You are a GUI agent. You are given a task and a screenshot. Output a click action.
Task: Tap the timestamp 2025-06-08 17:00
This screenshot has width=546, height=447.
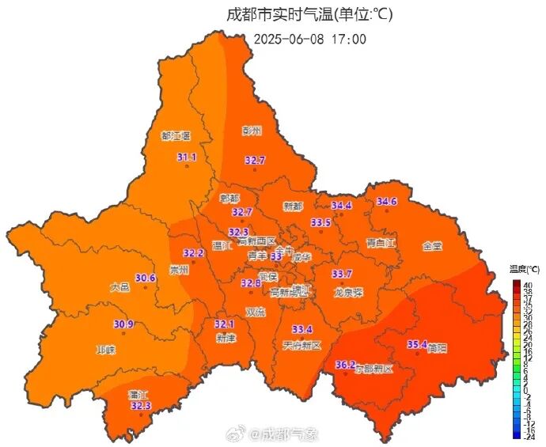(310, 38)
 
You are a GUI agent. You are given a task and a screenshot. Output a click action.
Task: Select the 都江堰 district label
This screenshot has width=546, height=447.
(175, 137)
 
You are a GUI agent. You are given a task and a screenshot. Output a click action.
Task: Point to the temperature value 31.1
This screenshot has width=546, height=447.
(187, 157)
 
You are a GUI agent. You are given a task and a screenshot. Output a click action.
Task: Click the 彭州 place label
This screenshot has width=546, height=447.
(252, 131)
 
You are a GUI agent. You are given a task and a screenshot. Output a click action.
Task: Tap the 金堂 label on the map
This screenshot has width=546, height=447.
(432, 246)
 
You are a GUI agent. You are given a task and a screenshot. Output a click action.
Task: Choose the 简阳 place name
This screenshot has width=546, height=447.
(435, 348)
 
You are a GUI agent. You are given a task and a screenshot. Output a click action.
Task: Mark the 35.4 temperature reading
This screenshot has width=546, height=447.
(417, 344)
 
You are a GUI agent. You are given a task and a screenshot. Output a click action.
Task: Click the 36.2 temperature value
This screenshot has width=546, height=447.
(345, 365)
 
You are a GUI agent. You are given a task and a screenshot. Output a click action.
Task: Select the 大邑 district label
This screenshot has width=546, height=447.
(119, 288)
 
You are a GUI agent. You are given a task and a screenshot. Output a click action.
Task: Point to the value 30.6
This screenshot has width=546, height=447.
(145, 278)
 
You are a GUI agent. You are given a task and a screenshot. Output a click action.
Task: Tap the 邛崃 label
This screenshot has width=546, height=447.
(105, 350)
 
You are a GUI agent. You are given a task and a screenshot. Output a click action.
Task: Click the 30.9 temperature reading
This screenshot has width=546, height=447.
(123, 324)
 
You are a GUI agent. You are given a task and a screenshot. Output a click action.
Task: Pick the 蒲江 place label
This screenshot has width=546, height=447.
(138, 394)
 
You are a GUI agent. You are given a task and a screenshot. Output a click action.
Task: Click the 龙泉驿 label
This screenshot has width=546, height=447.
(348, 292)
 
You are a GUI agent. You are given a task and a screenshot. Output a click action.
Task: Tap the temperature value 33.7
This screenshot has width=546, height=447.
(342, 274)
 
